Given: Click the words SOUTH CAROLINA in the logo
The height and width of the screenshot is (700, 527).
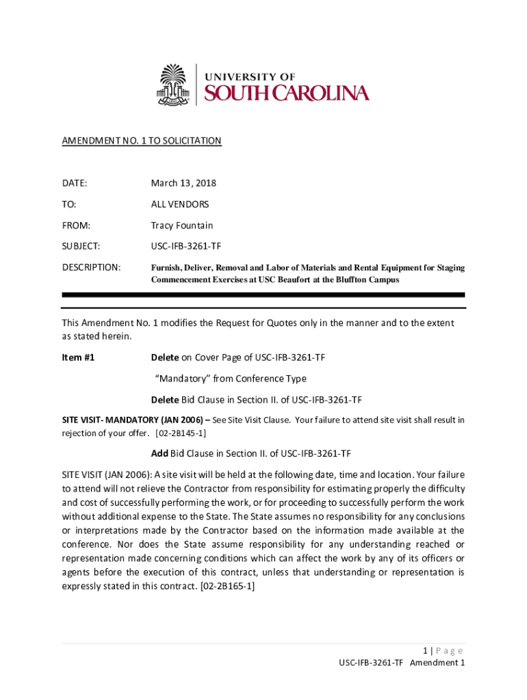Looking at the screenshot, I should click(287, 94).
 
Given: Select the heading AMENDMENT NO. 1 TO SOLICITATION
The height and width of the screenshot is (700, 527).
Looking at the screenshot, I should click(142, 141).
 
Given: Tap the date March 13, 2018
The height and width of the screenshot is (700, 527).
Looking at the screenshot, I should click(183, 183).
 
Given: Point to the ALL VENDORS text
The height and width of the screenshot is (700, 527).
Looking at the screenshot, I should click(180, 204).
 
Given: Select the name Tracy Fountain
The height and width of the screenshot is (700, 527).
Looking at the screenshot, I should click(182, 226).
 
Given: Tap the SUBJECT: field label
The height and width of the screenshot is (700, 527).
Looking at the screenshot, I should click(81, 246).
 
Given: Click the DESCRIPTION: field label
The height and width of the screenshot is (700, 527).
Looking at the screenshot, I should click(91, 267).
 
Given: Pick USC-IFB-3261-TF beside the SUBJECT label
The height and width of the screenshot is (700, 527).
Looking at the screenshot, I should click(186, 246).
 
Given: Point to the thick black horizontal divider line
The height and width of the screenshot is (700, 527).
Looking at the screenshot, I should click(263, 295).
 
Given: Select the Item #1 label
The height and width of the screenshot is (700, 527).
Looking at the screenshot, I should click(78, 358).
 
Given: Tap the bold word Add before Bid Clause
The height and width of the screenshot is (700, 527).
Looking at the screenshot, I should click(159, 453).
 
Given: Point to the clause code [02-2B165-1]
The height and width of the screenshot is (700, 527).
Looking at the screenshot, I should click(227, 586).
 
